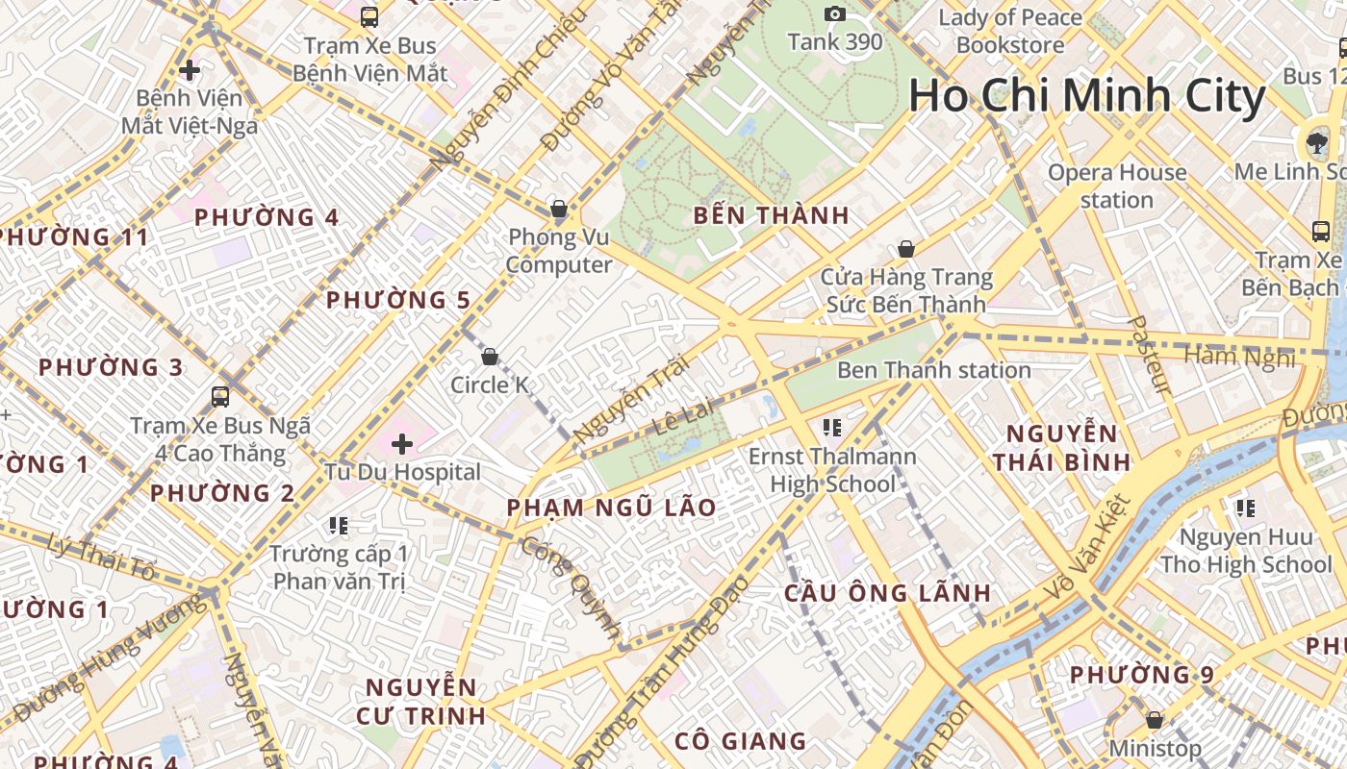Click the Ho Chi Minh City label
[x=1086, y=97]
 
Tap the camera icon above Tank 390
[x=834, y=13]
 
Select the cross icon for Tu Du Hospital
[x=402, y=444]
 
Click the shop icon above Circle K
[x=490, y=358]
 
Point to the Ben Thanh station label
[x=933, y=370]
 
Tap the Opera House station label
[x=1117, y=186]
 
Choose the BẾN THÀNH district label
[x=772, y=216]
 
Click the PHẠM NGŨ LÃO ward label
[x=612, y=508]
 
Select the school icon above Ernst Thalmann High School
[x=832, y=427]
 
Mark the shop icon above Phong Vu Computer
[x=558, y=209]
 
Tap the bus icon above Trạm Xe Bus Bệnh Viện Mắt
[x=369, y=16]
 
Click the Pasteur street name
[x=1150, y=355]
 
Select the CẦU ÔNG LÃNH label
[x=887, y=593]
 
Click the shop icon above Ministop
[x=1155, y=720]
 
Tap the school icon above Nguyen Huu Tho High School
[x=1246, y=508]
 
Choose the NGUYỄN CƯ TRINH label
[x=420, y=702]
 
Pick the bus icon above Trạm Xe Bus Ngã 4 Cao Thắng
[x=220, y=396]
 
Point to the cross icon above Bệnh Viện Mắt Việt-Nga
[x=190, y=70]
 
